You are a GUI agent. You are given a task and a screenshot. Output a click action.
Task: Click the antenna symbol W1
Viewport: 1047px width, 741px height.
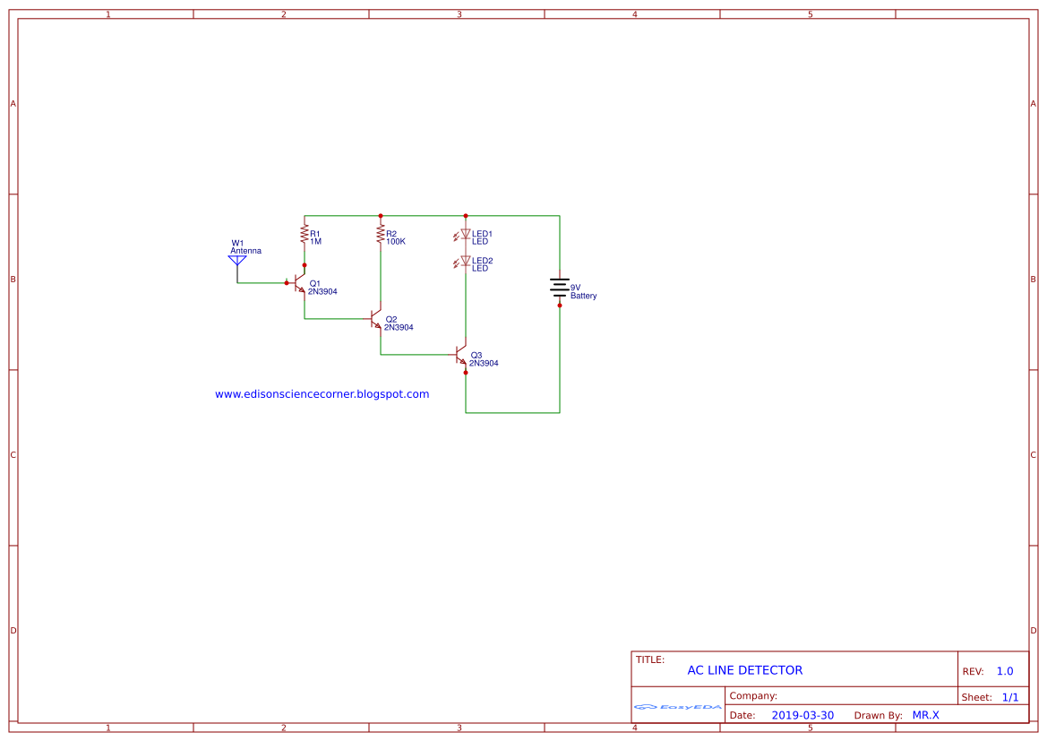pos(237,262)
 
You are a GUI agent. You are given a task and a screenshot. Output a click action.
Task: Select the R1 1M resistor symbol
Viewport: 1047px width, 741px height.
pos(305,235)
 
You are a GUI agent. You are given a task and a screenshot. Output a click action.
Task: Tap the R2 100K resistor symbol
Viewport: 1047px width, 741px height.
pos(381,235)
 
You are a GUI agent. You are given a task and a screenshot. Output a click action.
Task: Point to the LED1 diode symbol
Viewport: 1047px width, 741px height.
pos(466,235)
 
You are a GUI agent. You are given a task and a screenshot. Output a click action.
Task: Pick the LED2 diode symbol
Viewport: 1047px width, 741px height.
pos(466,262)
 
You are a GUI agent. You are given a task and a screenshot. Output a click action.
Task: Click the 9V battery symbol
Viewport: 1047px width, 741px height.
pos(560,288)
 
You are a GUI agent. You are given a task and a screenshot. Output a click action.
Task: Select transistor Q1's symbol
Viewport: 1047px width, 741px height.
pos(299,283)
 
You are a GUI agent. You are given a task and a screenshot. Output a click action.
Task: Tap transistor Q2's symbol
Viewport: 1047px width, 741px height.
pos(376,319)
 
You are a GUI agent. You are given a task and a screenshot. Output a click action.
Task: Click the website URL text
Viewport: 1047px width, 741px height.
pos(322,394)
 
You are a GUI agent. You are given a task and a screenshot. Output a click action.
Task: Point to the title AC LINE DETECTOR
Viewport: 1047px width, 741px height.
pos(745,670)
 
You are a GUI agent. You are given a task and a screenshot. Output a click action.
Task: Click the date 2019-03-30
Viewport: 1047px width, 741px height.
pos(802,715)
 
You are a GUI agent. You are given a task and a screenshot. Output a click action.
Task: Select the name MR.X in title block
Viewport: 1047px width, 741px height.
pos(926,715)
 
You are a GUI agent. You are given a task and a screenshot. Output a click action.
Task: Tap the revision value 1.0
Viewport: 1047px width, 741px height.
pos(1005,671)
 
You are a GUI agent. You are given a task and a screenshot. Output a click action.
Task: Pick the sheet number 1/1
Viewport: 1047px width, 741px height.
pos(1010,697)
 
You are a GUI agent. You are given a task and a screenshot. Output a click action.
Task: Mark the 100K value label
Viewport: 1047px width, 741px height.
pos(396,241)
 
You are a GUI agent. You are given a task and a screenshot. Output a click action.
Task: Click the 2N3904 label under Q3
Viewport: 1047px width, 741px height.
pos(484,363)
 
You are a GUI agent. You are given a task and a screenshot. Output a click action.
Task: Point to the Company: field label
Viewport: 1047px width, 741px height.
pos(753,696)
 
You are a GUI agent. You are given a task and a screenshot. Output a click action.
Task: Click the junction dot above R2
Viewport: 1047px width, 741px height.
pos(381,216)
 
